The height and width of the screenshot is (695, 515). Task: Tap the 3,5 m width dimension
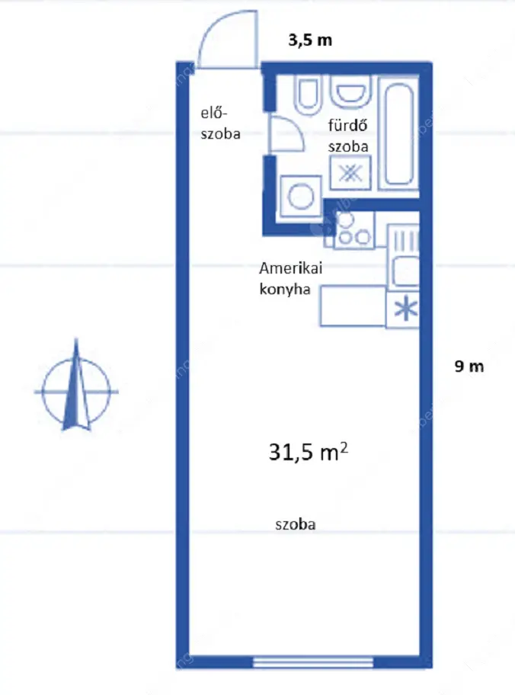tap(310, 40)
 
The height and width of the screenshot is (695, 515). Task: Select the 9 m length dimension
tap(469, 366)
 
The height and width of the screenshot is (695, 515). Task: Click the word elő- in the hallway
tap(213, 113)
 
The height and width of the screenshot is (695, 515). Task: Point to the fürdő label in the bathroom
tap(348, 126)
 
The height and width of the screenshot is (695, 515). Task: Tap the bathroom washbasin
tap(350, 91)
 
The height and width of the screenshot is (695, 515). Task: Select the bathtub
tap(400, 133)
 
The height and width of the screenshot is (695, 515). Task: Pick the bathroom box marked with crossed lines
tap(351, 173)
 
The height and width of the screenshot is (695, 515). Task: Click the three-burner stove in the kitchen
tap(353, 229)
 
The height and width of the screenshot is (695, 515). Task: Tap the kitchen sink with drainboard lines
tap(403, 257)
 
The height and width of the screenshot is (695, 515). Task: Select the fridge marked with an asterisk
tap(402, 309)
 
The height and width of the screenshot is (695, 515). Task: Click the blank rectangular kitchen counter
tap(353, 306)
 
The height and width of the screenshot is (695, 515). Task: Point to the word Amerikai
tap(291, 268)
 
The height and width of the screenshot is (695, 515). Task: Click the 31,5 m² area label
tap(309, 453)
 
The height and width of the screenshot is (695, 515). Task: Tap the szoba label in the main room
tap(296, 524)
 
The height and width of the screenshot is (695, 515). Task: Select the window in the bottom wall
tap(313, 662)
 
